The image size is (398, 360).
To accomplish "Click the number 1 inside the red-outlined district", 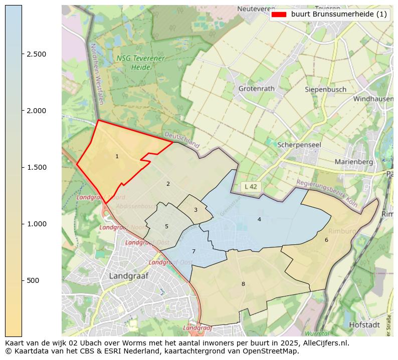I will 117,157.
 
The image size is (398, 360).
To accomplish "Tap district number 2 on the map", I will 168,184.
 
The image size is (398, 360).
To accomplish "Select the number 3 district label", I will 195,210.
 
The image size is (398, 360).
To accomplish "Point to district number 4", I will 259,219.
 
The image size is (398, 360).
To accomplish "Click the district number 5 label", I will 166,226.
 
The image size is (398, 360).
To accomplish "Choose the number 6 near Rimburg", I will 326,240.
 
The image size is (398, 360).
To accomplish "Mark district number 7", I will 193,251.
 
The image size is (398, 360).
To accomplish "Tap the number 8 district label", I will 243,284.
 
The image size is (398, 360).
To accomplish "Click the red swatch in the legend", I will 278,15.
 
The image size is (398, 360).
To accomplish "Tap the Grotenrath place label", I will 257,89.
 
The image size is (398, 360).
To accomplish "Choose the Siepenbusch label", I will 326,90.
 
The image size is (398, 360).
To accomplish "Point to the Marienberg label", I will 354,162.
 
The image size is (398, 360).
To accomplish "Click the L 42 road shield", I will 251,186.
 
